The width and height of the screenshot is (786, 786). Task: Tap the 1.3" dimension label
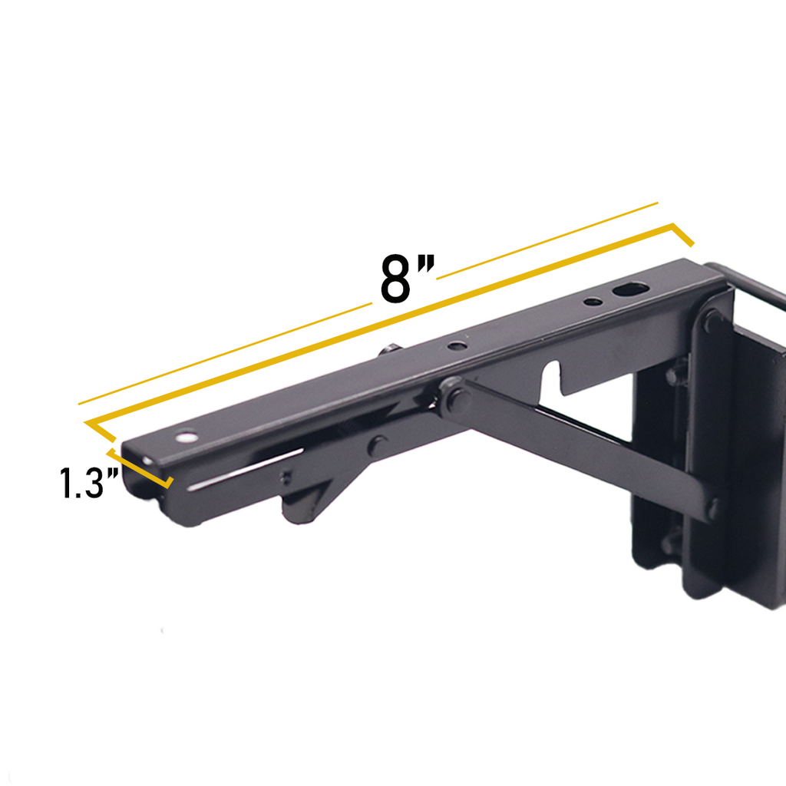coord(90,483)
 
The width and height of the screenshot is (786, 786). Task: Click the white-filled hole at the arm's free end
coord(185,439)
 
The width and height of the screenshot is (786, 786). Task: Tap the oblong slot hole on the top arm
coord(630,290)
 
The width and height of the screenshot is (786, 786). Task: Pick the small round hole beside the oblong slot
coord(593,301)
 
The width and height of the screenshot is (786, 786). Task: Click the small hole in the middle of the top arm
coord(457,346)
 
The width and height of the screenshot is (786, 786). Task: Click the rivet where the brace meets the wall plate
coord(713,507)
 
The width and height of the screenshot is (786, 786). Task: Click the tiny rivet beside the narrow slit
coord(286,480)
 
